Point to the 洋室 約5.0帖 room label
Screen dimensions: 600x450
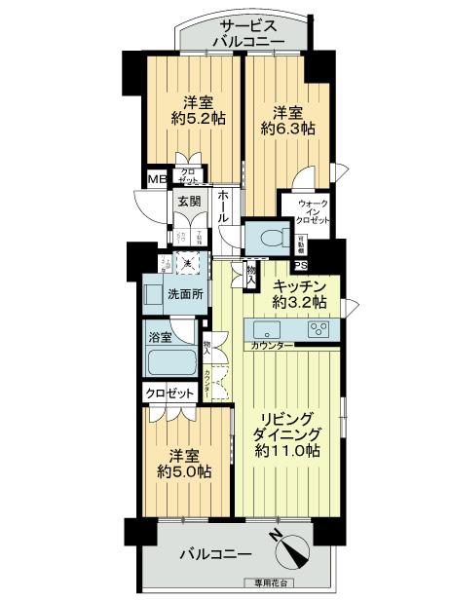point(185,464)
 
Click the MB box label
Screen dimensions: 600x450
point(156,179)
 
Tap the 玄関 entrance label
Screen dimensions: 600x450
point(189,203)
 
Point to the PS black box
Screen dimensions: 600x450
point(301,268)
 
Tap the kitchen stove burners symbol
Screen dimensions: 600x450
point(319,329)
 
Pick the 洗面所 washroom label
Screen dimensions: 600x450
point(183,293)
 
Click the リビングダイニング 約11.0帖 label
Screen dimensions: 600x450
point(288,434)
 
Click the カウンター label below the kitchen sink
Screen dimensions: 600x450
point(272,346)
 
